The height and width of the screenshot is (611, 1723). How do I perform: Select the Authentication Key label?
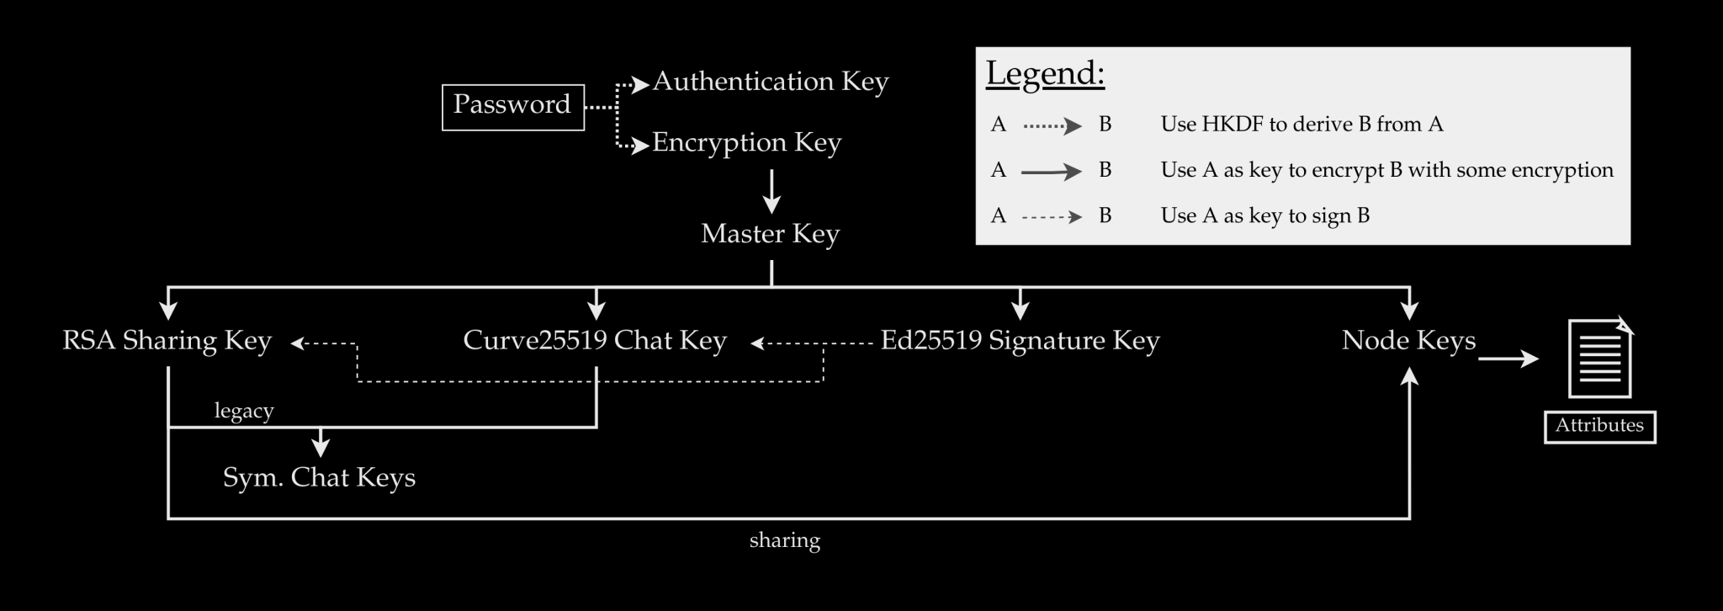pos(770,82)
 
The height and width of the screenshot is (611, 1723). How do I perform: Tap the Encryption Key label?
pos(746,143)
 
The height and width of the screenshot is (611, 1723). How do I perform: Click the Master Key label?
pos(770,234)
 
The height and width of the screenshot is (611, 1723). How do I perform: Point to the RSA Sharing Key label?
pos(167,341)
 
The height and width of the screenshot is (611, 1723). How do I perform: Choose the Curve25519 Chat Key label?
pos(594,341)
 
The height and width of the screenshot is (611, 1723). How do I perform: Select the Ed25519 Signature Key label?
pos(1020,341)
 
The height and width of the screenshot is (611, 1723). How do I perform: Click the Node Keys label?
pos(1408,341)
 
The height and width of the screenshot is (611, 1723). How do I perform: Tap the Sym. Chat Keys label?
pos(319,478)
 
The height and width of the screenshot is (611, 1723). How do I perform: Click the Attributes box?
pos(1599,426)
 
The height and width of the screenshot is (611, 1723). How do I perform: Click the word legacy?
pos(244,412)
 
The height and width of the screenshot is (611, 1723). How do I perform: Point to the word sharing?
pos(784,540)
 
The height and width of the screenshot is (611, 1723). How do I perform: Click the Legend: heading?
pos(1045,74)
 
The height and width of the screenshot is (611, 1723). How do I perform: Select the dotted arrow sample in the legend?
pos(1052,126)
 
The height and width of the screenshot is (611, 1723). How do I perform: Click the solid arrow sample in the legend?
pos(1052,172)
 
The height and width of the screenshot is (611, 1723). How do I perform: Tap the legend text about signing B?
pos(1264,216)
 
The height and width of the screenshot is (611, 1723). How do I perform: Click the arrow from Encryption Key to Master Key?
pos(771,191)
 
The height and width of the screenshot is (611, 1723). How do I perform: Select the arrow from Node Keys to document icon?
pos(1508,359)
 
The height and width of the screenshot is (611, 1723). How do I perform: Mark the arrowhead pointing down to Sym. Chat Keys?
pos(321,445)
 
